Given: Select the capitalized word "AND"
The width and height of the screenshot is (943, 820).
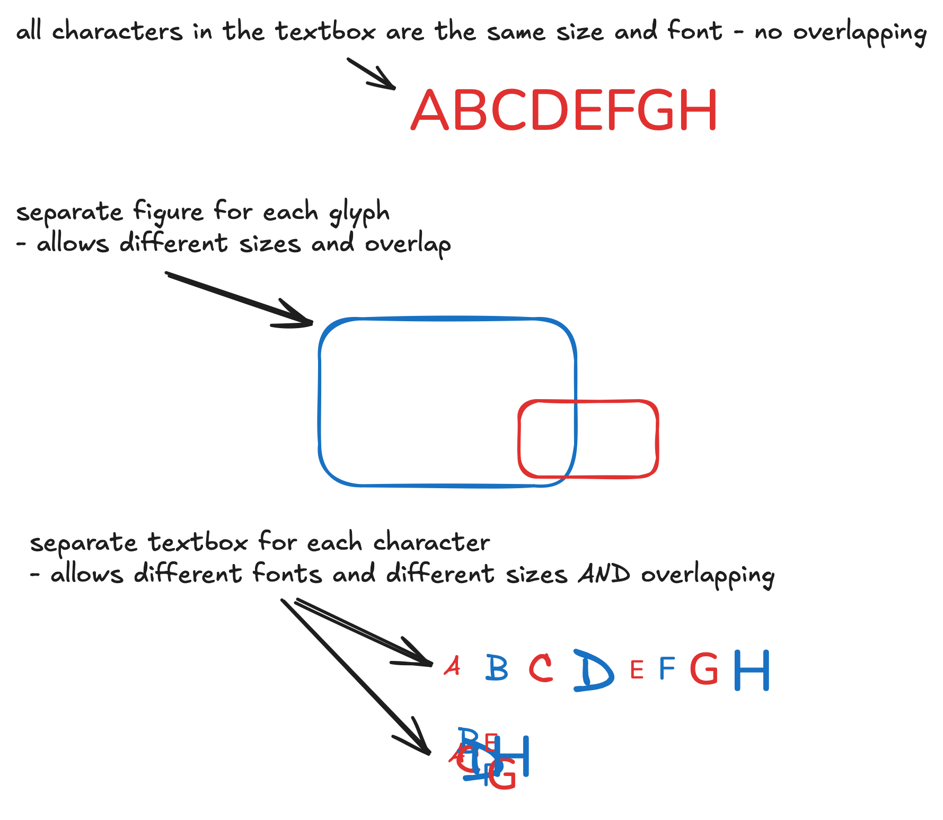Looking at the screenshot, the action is (604, 574).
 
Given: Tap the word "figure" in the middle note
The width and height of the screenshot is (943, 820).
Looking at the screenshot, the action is (168, 212).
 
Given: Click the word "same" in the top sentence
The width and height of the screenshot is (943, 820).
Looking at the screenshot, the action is (516, 32).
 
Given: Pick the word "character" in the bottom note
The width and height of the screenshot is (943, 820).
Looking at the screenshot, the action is (431, 542).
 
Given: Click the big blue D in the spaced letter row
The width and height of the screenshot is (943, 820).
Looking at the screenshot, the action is (593, 670).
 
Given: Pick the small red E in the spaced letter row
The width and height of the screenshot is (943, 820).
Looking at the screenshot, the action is (637, 670).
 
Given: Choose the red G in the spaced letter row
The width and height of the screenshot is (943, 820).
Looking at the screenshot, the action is (704, 668).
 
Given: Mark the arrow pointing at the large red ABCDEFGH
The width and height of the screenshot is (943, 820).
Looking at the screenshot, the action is (371, 73).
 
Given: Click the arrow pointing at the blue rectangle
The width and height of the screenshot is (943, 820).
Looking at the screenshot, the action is (239, 299).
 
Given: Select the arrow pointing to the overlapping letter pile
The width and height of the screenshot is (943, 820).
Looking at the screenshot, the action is (355, 676).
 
